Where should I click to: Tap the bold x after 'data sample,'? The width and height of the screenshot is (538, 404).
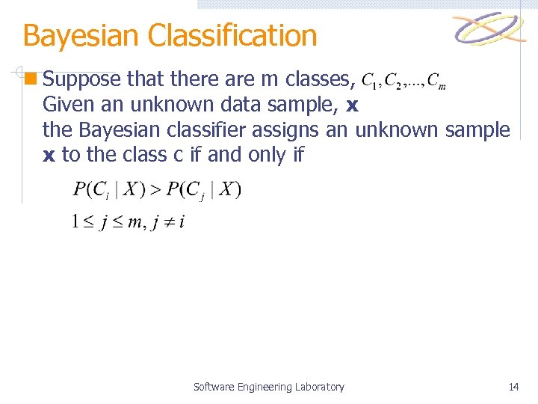353,105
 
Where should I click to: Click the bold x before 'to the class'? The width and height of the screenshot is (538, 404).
49,156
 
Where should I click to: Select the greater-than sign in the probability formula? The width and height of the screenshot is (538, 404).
155,190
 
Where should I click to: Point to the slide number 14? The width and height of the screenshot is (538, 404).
513,387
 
